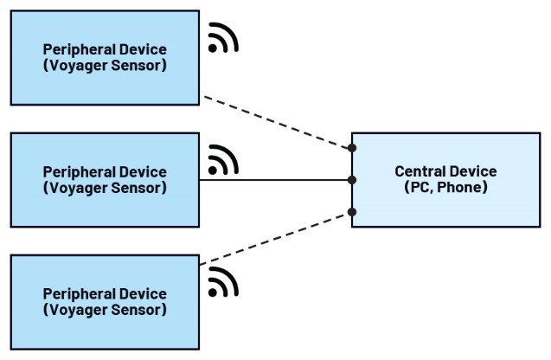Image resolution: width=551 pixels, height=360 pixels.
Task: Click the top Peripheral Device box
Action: click(104, 56)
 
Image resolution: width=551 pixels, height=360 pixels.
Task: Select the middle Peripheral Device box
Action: click(104, 179)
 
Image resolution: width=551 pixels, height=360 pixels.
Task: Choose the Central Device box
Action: click(445, 180)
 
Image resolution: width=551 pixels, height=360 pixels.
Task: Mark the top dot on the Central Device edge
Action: click(352, 149)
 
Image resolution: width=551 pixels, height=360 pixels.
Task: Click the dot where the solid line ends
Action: click(352, 180)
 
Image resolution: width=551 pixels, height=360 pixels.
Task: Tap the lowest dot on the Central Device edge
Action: click(352, 212)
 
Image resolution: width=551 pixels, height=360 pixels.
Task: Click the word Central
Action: click(420, 171)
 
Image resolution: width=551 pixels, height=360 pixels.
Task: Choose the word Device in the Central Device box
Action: click(473, 171)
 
